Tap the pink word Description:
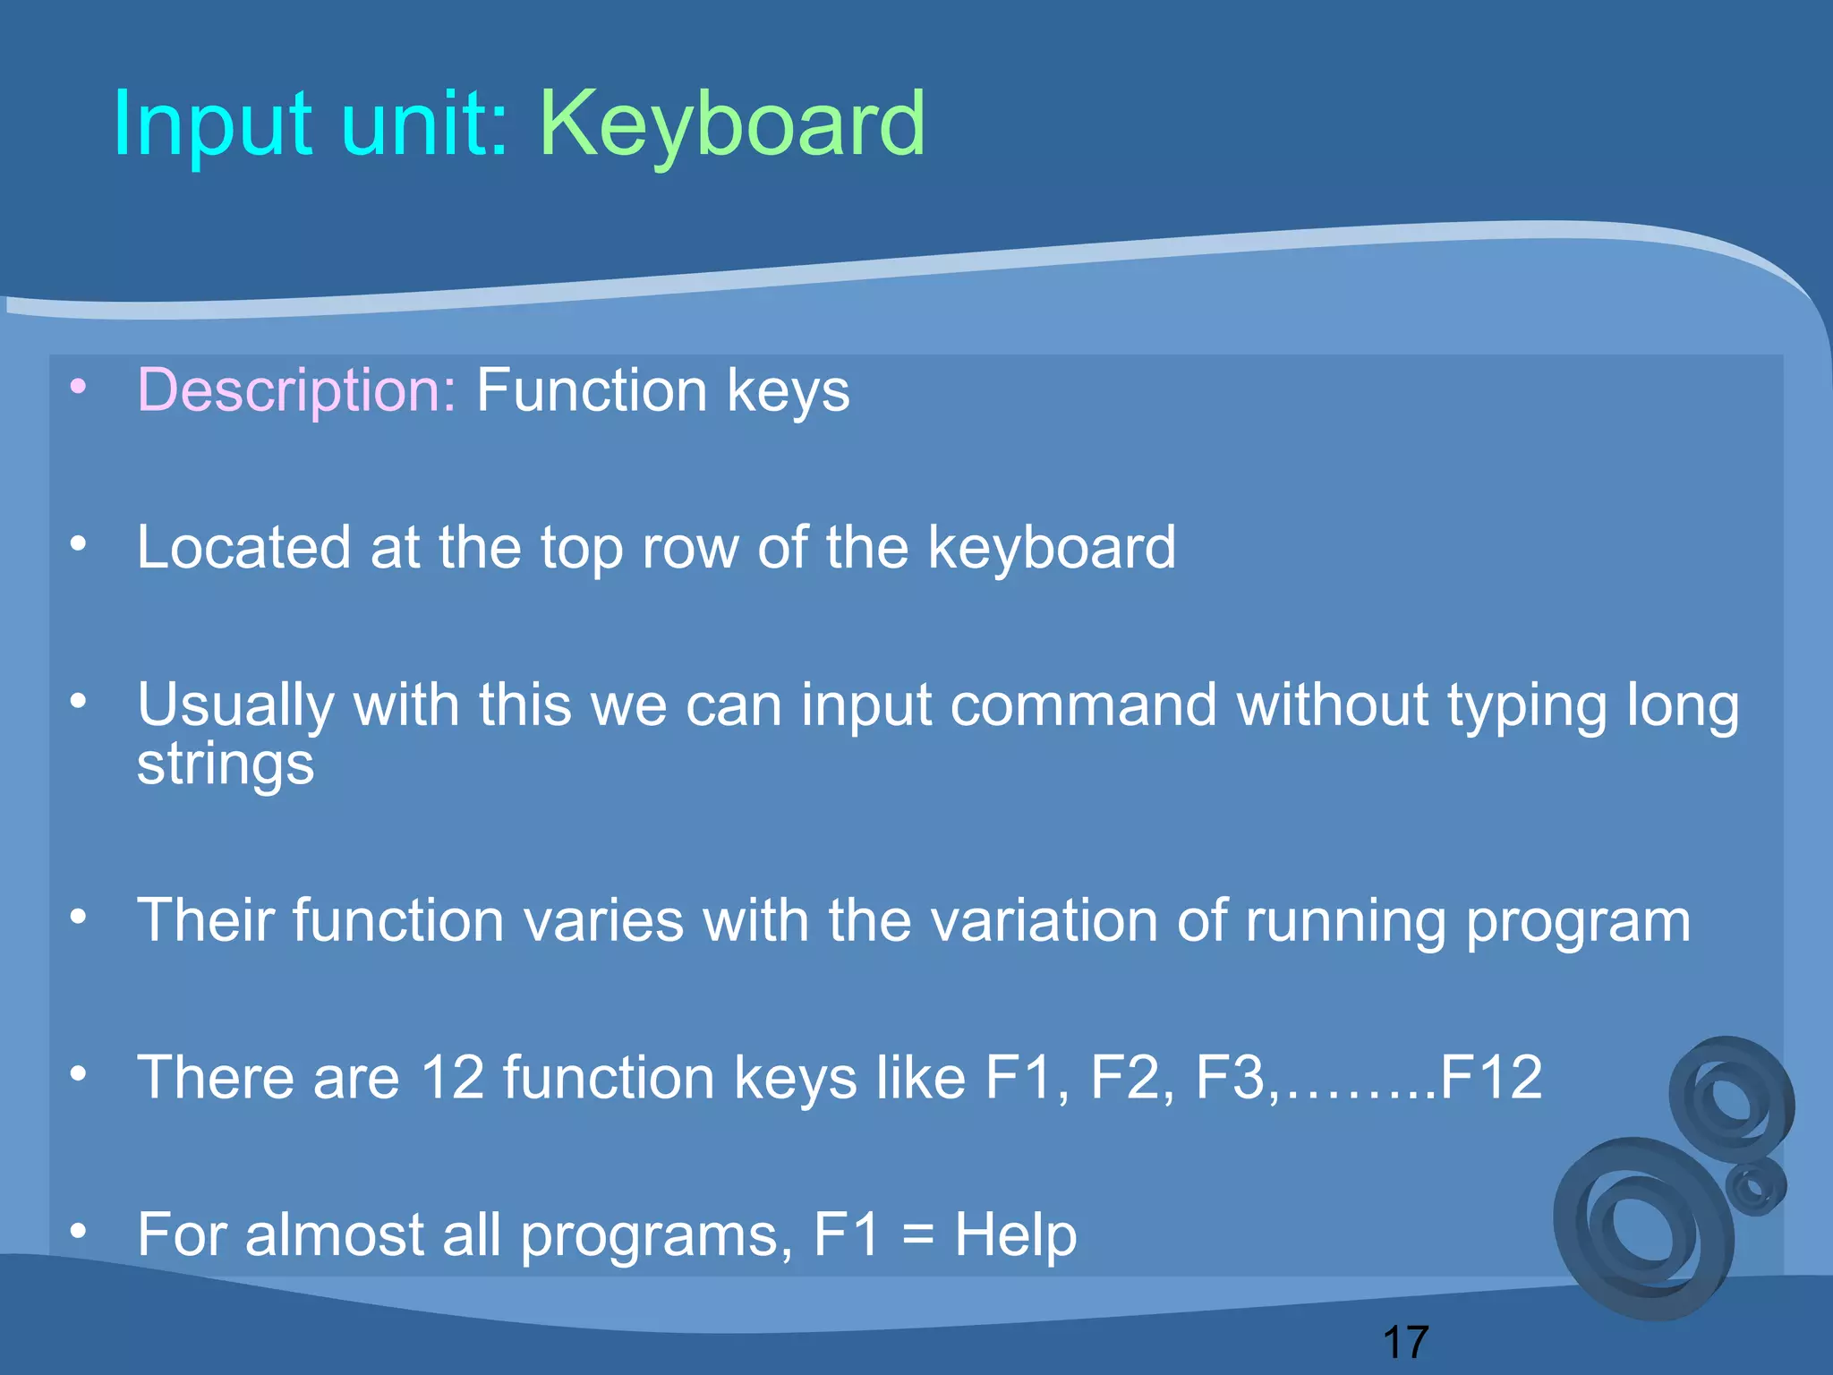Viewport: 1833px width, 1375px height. tap(296, 390)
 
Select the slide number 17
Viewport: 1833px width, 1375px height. tap(1405, 1343)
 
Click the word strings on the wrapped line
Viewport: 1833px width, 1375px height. tap(226, 765)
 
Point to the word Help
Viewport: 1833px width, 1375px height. tap(1015, 1235)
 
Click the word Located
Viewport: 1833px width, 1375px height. tap(243, 547)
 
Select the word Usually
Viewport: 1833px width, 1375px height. tap(235, 705)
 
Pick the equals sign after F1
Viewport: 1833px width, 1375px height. tap(917, 1236)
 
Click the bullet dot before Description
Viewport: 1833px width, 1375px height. tap(79, 387)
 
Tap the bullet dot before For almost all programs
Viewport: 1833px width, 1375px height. tap(79, 1232)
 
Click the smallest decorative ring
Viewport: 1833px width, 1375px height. tap(1755, 1188)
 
